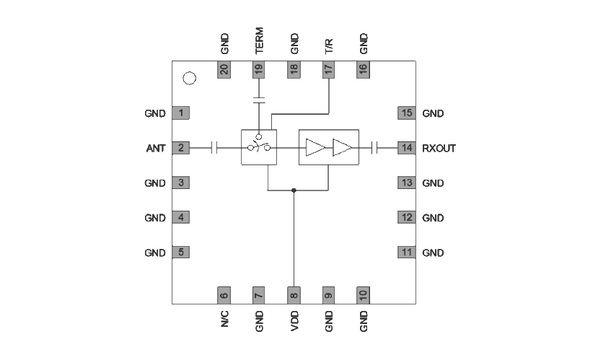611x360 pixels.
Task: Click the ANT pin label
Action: [156, 149]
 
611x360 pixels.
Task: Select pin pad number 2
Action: [180, 148]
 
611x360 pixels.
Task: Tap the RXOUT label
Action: [439, 149]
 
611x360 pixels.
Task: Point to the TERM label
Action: [259, 42]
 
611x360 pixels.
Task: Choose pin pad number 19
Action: [259, 69]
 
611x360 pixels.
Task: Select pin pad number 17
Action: [329, 69]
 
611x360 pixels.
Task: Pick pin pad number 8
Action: [294, 294]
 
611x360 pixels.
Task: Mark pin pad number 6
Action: [224, 294]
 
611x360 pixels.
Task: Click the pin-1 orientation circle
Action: [190, 79]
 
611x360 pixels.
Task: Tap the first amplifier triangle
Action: [315, 148]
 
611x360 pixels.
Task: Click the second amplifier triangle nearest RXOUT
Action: [342, 148]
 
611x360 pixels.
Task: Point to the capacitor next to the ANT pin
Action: [214, 148]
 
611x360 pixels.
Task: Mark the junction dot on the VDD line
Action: [294, 190]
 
